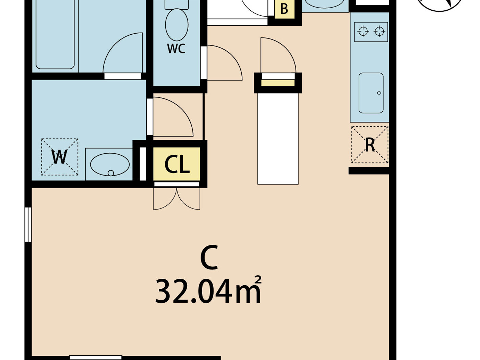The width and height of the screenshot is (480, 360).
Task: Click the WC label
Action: [176, 49]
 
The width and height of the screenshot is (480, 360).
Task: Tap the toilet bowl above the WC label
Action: [177, 24]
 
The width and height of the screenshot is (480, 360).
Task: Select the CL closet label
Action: [177, 165]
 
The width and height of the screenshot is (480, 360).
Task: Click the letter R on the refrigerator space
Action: [370, 145]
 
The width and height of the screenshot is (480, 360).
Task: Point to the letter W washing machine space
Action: [60, 157]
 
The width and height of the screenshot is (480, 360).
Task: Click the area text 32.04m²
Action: [208, 292]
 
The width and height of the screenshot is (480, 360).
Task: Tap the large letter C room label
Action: [209, 258]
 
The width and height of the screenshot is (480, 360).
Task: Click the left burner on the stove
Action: [363, 32]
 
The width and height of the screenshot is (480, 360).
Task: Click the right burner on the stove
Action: [379, 32]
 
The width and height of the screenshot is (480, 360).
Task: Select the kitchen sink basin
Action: [371, 93]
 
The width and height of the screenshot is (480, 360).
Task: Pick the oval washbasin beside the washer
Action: [110, 165]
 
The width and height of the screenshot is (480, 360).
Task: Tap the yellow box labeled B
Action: [284, 9]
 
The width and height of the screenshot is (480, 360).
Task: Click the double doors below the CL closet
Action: [177, 199]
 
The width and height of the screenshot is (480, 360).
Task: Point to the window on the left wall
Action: [28, 225]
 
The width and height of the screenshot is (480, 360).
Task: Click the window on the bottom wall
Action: [96, 358]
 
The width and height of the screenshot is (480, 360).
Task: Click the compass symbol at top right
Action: [440, 4]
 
